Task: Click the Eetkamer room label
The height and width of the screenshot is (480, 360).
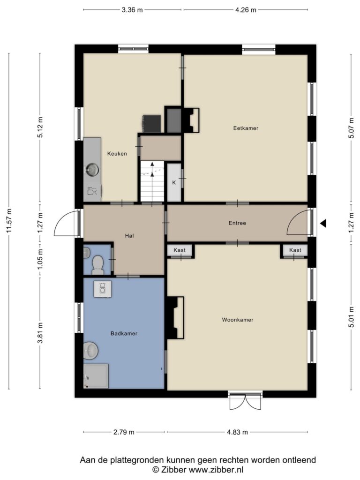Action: pyautogui.click(x=246, y=128)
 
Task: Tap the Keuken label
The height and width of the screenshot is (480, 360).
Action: pyautogui.click(x=117, y=154)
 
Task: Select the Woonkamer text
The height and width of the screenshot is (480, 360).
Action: pyautogui.click(x=238, y=320)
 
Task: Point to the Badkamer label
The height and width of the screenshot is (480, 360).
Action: pyautogui.click(x=124, y=333)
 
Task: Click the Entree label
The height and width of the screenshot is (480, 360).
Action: pyautogui.click(x=237, y=223)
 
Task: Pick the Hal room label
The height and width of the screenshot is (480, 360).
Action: pyautogui.click(x=129, y=236)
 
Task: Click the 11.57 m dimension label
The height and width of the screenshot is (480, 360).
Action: pyautogui.click(x=9, y=220)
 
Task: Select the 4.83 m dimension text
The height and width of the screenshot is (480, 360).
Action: pyautogui.click(x=238, y=432)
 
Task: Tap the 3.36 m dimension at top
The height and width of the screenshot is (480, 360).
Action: pyautogui.click(x=132, y=10)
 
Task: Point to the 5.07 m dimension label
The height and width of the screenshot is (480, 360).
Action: pyautogui.click(x=351, y=128)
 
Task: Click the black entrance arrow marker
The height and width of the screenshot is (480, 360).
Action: pyautogui.click(x=323, y=224)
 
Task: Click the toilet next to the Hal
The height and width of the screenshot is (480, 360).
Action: pyautogui.click(x=98, y=265)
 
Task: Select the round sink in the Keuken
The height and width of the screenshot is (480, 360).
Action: pyautogui.click(x=92, y=170)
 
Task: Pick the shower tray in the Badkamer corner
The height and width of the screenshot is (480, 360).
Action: pyautogui.click(x=96, y=376)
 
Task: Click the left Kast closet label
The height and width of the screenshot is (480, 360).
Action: pyautogui.click(x=180, y=250)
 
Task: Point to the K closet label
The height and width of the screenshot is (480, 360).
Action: pyautogui.click(x=174, y=182)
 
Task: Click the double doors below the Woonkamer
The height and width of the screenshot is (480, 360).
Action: pyautogui.click(x=246, y=401)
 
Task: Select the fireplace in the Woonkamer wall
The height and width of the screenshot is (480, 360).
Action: pyautogui.click(x=175, y=318)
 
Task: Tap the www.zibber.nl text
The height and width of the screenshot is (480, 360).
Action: pyautogui.click(x=216, y=470)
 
